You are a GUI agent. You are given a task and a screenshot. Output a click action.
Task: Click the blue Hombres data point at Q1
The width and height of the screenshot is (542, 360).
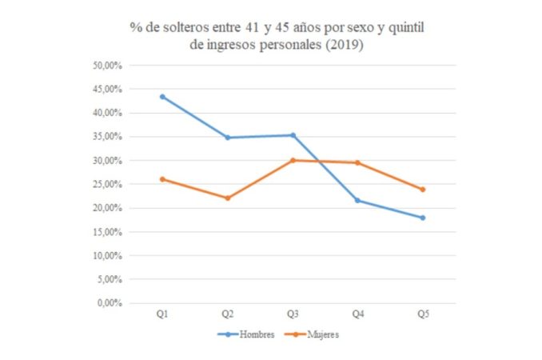pyautogui.click(x=162, y=97)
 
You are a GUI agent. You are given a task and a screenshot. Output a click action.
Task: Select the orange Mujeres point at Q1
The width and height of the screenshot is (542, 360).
pyautogui.click(x=162, y=179)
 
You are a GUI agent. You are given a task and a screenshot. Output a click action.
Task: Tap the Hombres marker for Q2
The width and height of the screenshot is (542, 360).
pyautogui.click(x=228, y=138)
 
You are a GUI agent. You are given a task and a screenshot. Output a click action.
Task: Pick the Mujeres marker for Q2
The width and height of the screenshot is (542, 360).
pyautogui.click(x=228, y=198)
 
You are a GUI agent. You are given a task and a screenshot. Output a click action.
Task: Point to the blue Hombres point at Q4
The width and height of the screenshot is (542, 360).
pyautogui.click(x=357, y=200)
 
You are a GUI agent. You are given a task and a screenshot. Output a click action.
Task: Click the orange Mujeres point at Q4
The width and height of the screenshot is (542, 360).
pyautogui.click(x=357, y=162)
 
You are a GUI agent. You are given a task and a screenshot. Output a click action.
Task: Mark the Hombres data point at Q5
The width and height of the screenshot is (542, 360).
pyautogui.click(x=423, y=218)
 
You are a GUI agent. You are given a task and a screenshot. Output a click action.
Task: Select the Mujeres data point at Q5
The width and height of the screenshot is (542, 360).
pyautogui.click(x=423, y=190)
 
